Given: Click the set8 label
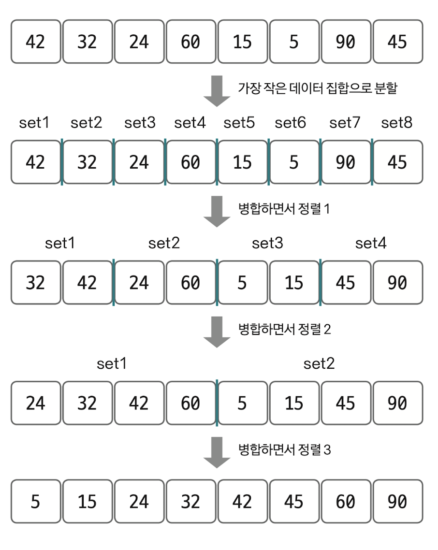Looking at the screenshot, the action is pos(396,123).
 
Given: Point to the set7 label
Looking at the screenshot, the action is pos(345,123).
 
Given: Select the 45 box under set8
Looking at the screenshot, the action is pos(397,162).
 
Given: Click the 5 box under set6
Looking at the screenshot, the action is pos(293,162).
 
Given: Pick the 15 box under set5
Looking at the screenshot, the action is pos(242,162).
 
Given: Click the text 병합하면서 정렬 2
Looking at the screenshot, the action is pos(285,330).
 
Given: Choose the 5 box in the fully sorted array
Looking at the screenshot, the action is pos(36,502).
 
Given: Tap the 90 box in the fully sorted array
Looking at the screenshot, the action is pos(397,502).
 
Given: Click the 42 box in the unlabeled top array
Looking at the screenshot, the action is pos(36,42).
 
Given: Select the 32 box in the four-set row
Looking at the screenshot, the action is pos(36,283).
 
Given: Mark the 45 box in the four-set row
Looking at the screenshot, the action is pos(345,283).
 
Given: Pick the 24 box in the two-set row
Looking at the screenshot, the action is pos(36,403).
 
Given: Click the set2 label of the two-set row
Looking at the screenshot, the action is pos(319,364).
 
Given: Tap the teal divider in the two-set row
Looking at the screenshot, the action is pos(217,403).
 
